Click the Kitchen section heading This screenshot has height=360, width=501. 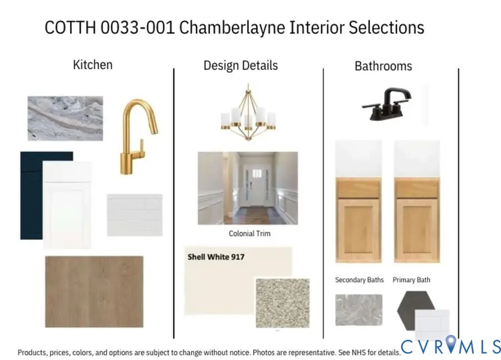point(92,65)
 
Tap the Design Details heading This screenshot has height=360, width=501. point(240,66)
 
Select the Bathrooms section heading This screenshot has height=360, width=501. point(383,66)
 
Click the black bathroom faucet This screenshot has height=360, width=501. point(387,103)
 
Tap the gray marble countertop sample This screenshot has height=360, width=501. point(65,118)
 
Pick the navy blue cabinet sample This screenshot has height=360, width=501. point(31,195)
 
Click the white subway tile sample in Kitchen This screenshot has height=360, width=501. point(134,215)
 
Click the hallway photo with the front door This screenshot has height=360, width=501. point(248,188)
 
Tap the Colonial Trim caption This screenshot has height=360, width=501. point(249,234)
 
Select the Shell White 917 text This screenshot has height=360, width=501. point(216,257)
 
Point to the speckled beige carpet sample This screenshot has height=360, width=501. point(282,303)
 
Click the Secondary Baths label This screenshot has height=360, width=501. point(359,280)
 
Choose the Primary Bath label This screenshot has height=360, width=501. point(411,280)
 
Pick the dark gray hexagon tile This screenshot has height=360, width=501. point(415,306)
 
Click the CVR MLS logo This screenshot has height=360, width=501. point(451,346)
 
